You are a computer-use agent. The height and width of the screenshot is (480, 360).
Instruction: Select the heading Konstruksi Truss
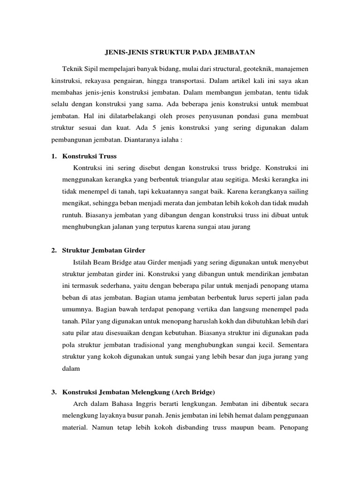click(x=89, y=156)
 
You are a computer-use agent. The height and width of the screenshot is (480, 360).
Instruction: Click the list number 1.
click(x=53, y=156)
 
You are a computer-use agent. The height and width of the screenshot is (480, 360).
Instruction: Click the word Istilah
click(x=83, y=261)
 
